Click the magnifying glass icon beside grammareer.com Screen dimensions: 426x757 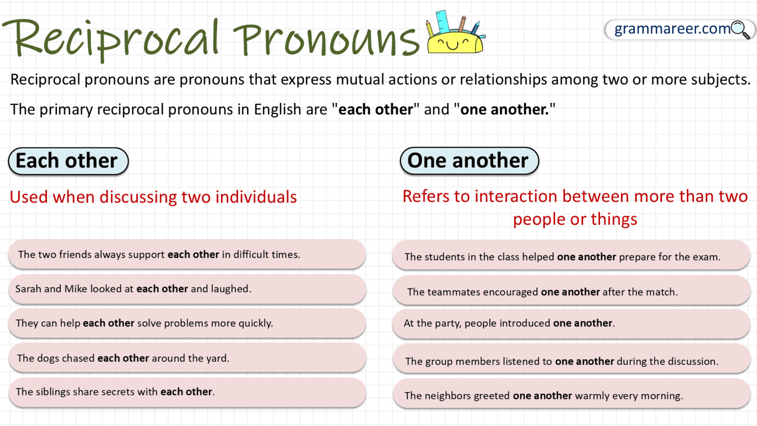[x=740, y=30]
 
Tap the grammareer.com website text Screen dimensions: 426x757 [x=672, y=29]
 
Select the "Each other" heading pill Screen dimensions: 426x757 [x=68, y=161]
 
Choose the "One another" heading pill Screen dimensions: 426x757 [x=469, y=161]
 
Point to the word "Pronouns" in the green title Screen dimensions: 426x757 [x=326, y=40]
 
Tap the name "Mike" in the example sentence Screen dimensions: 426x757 [x=75, y=289]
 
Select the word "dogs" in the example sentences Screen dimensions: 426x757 [x=48, y=358]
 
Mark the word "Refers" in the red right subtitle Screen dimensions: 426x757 [x=426, y=197]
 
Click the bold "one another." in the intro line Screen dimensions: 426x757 [x=505, y=109]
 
